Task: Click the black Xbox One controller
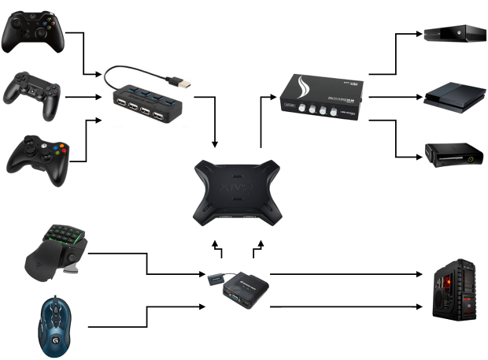coord(33,32)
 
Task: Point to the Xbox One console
coord(455,34)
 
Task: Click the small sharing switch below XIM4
coord(245,287)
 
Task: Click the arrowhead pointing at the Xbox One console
coord(418,35)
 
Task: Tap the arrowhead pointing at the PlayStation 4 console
coord(418,98)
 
